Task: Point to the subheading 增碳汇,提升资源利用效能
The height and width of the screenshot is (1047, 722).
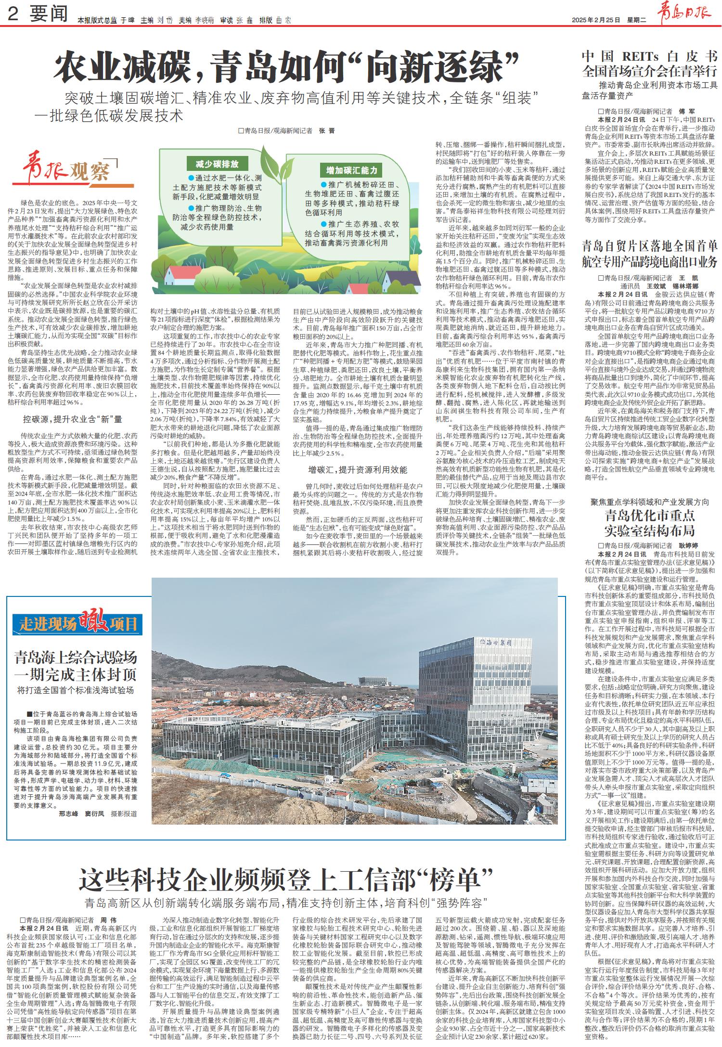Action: pos(358,470)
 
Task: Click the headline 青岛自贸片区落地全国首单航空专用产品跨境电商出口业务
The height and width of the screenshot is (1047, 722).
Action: pos(649,254)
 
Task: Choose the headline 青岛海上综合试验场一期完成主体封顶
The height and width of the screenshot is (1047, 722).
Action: pos(76,665)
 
